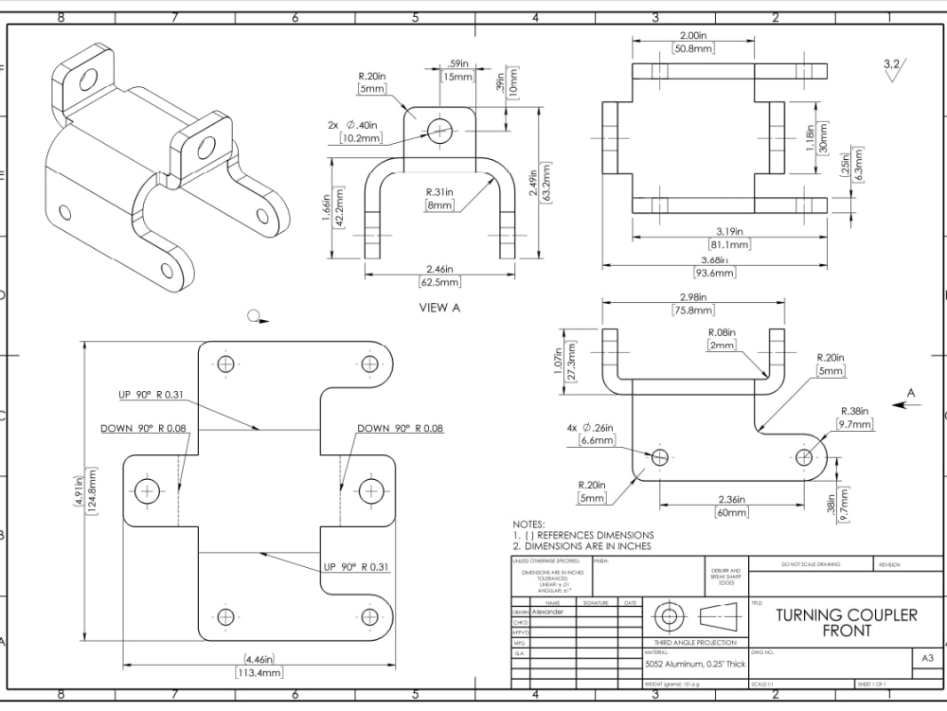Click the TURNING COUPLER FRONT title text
click(x=847, y=622)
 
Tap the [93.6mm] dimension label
click(x=715, y=274)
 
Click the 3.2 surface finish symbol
click(x=892, y=66)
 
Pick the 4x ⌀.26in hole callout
click(x=592, y=427)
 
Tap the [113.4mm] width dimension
click(x=259, y=673)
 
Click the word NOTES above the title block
click(x=528, y=524)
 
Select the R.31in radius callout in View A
click(x=444, y=193)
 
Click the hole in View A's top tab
click(x=439, y=132)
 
